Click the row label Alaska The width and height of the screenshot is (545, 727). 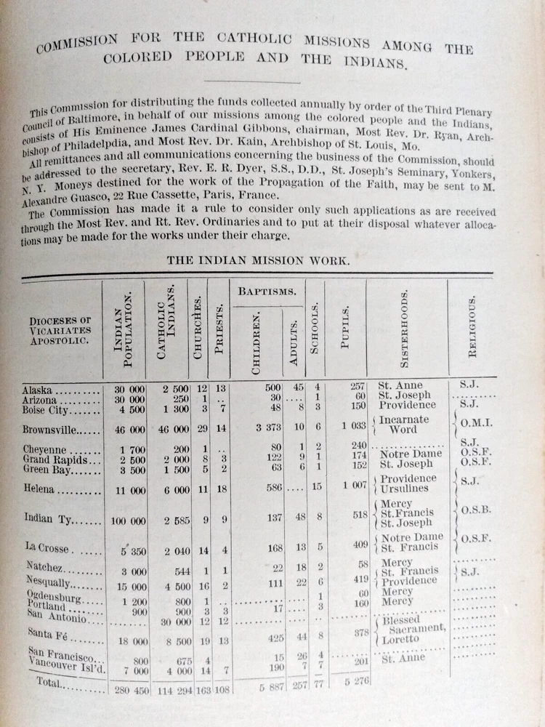coord(39,389)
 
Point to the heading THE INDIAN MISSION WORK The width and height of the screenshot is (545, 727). coord(257,260)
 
